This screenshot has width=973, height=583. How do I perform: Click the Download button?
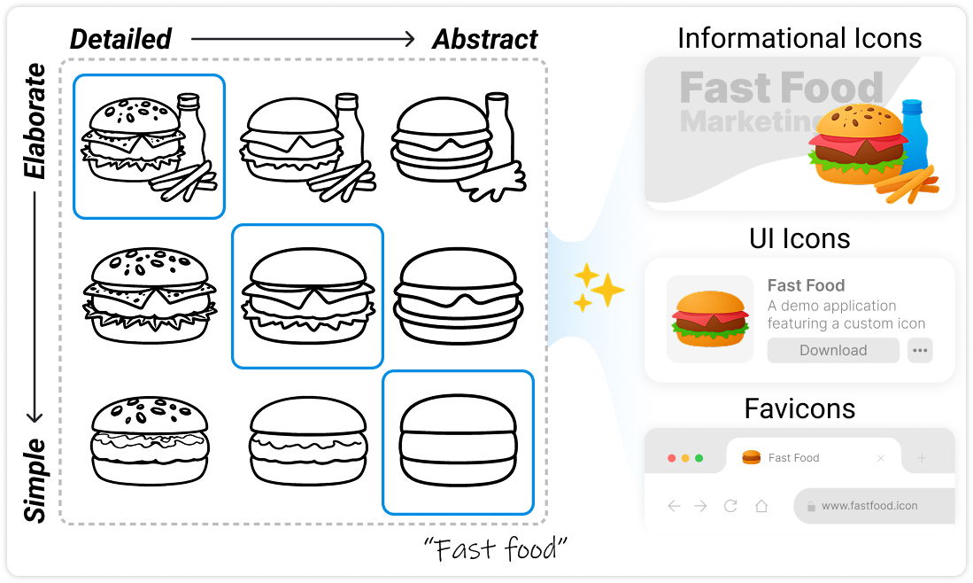832,350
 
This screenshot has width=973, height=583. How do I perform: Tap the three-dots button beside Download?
921,350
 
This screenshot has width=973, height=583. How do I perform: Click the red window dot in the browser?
671,458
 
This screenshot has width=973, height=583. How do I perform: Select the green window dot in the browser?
699,458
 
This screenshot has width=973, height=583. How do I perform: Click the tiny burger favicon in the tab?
751,457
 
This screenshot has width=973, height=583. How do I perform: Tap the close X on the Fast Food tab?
880,458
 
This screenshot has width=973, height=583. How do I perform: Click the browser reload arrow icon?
730,506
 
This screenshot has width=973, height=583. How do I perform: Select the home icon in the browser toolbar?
761,506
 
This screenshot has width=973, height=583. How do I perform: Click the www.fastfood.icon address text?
869,506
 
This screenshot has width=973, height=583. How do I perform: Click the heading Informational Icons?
799,38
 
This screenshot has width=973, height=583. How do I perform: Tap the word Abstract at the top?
484,39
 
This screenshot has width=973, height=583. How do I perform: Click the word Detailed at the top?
120,39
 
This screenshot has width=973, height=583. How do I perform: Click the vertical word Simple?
35,479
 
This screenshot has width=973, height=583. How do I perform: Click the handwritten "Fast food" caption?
495,548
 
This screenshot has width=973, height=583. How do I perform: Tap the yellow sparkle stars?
598,287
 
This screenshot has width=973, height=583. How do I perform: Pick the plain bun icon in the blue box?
458,443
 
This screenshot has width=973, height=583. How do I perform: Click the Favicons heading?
799,408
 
